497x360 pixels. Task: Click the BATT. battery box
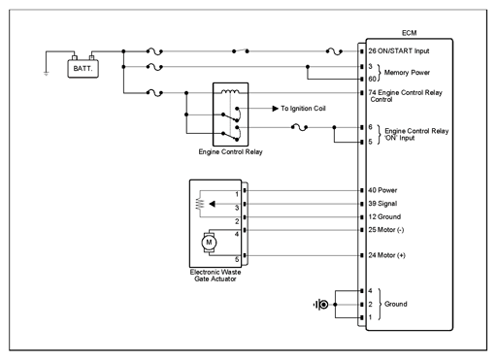click(83, 69)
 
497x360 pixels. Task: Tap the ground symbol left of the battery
click(46, 74)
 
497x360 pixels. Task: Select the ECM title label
click(409, 33)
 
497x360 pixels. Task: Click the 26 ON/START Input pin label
click(399, 51)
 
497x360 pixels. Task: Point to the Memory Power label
click(407, 73)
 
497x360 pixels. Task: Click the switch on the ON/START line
click(241, 50)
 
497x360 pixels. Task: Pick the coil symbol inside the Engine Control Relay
click(230, 91)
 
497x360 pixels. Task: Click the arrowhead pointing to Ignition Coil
click(275, 109)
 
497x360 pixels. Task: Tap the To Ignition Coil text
click(303, 109)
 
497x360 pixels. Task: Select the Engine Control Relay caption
click(230, 151)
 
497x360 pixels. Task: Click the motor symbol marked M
click(209, 243)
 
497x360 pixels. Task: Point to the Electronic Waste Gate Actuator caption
click(215, 276)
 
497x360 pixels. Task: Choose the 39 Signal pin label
click(382, 204)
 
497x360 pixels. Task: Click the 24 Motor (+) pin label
click(386, 255)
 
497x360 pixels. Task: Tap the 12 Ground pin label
click(384, 216)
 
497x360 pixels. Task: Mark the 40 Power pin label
click(382, 190)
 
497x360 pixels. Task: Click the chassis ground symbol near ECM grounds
click(321, 305)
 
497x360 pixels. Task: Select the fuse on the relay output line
click(299, 127)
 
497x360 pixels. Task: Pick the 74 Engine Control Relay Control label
click(405, 96)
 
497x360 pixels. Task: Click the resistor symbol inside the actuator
click(200, 204)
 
